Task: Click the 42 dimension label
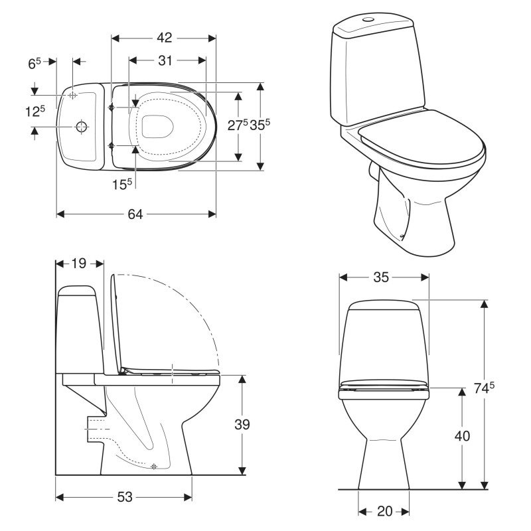tap(164, 38)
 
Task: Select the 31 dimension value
tap(165, 60)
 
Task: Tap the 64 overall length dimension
tap(135, 214)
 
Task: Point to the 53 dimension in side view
tap(125, 496)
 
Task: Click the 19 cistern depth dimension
tap(79, 263)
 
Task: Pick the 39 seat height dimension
tap(242, 424)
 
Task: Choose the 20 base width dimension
tap(385, 511)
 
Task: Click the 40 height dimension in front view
tap(462, 436)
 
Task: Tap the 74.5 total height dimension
tap(484, 388)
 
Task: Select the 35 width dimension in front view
tap(381, 277)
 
